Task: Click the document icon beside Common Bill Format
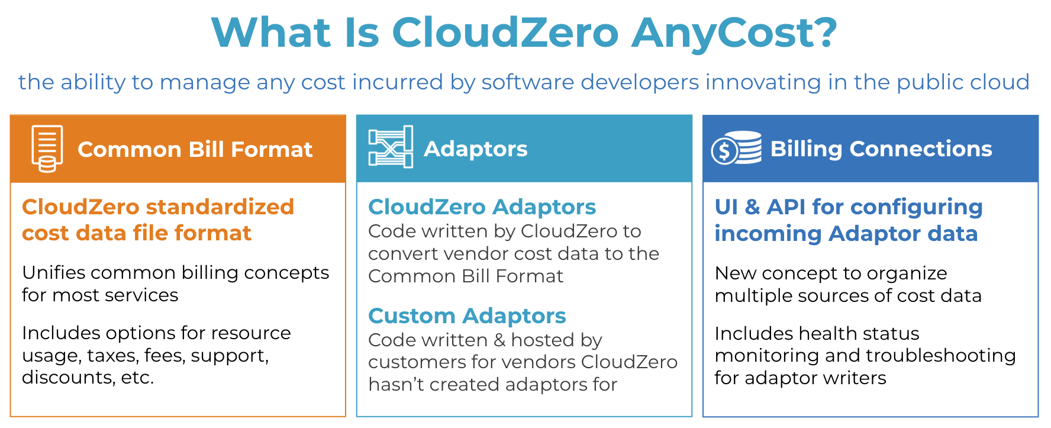tap(47, 149)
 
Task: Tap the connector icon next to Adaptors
tap(391, 147)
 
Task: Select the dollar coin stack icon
tap(736, 147)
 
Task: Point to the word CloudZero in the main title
tap(505, 32)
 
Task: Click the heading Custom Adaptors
tap(467, 316)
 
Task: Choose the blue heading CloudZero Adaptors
tap(482, 207)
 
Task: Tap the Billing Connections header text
tap(881, 149)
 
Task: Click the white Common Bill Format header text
tap(195, 149)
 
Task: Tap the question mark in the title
tap(825, 32)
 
